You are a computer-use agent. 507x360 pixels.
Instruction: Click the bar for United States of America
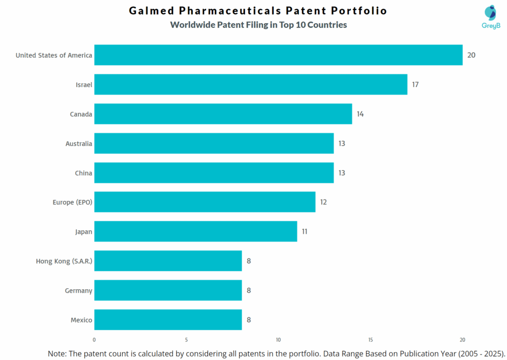(278, 55)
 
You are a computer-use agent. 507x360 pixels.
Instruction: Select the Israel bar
(251, 85)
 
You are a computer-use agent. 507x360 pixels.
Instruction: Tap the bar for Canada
(223, 114)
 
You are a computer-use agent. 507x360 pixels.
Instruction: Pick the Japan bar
(196, 231)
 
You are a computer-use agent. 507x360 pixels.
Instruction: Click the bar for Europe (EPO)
(204, 202)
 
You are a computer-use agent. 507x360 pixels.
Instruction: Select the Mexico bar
(168, 320)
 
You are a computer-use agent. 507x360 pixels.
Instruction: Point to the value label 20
(471, 55)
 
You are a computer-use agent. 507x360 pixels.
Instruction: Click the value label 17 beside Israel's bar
(415, 85)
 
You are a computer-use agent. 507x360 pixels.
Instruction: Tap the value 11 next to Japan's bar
(305, 231)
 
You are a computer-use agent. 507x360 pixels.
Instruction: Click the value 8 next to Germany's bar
(249, 291)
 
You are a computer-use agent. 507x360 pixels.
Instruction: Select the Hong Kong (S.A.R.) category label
(64, 261)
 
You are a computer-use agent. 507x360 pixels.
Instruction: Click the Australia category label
(79, 144)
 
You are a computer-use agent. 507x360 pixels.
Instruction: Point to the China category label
(84, 173)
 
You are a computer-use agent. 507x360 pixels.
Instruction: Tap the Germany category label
(78, 291)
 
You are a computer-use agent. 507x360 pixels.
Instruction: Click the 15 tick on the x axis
(370, 340)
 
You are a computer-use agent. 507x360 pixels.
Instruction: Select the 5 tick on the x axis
(186, 340)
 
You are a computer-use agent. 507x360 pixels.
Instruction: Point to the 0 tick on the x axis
(94, 340)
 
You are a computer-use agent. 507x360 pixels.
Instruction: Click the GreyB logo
(491, 17)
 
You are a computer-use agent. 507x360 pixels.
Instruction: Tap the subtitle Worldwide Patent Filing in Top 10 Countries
(258, 25)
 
